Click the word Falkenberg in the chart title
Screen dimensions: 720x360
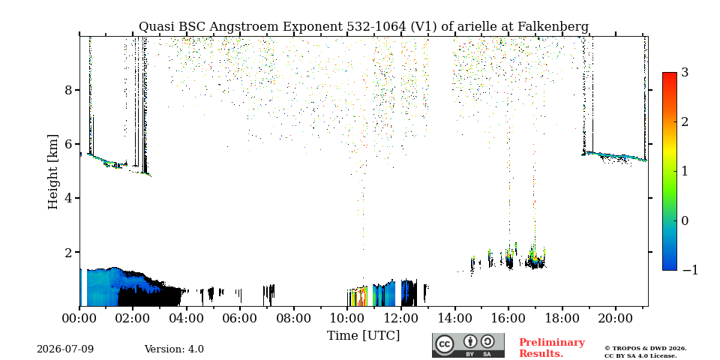click(553, 27)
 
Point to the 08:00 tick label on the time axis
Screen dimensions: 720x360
click(293, 318)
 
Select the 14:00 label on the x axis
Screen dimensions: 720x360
click(454, 318)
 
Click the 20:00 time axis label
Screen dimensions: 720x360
click(615, 318)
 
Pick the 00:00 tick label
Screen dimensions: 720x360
click(79, 318)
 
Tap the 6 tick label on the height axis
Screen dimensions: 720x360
click(69, 144)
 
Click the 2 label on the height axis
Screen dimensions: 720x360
click(69, 252)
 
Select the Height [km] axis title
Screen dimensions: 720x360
click(53, 172)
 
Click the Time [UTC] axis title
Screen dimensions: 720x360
click(363, 336)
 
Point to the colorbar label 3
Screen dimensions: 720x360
click(685, 73)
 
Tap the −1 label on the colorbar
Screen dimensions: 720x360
click(690, 270)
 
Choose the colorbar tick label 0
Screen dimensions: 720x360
click(685, 220)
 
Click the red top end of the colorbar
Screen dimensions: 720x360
click(670, 74)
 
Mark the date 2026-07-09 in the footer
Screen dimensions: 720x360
click(65, 349)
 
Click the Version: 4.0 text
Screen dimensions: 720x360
click(174, 349)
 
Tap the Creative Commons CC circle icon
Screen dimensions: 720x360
click(445, 344)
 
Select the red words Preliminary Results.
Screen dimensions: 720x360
click(552, 348)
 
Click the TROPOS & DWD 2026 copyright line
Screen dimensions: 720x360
click(646, 349)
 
